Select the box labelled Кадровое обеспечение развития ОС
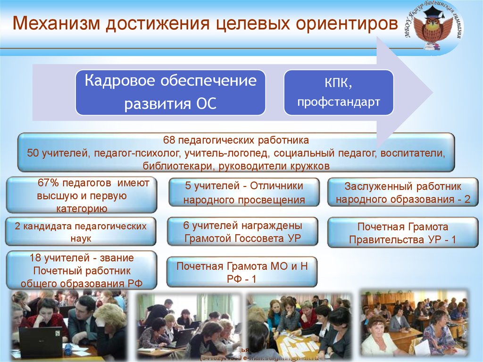[x=170, y=93]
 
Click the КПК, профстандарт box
[x=338, y=93]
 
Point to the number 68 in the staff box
[x=169, y=141]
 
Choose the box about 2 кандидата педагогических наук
[x=81, y=232]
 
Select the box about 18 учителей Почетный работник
[x=81, y=270]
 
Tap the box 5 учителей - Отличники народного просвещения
[x=244, y=193]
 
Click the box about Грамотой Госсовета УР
[x=243, y=232]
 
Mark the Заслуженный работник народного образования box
[x=403, y=193]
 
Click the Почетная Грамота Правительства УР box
[x=402, y=233]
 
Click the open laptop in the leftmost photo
[x=40, y=341]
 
